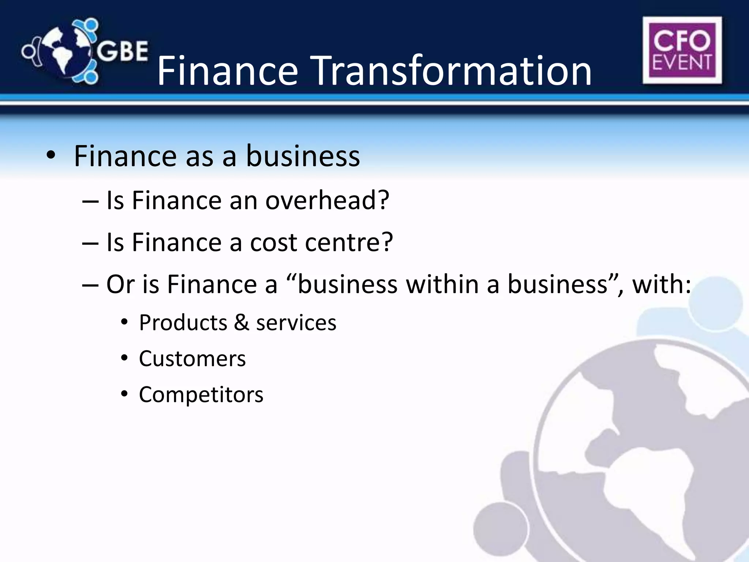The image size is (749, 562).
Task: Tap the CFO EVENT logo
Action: pyautogui.click(x=682, y=50)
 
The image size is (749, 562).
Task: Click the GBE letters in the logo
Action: pyautogui.click(x=123, y=51)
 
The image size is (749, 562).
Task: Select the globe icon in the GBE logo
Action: pyautogui.click(x=66, y=51)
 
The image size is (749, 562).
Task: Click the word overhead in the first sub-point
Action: pyautogui.click(x=327, y=201)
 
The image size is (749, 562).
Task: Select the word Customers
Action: pyautogui.click(x=192, y=359)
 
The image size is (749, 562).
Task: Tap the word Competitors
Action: pyautogui.click(x=201, y=395)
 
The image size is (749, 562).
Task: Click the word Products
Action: pyautogui.click(x=183, y=323)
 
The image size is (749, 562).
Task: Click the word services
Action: pyautogui.click(x=296, y=323)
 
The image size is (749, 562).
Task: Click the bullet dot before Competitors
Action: pyautogui.click(x=124, y=394)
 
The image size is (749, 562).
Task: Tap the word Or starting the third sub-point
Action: pyautogui.click(x=120, y=285)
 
